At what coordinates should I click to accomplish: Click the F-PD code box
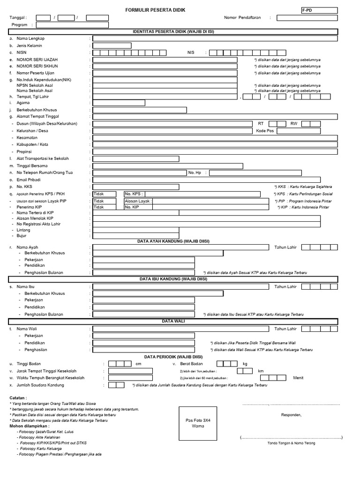coord(319,10)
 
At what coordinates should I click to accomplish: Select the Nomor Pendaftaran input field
coord(306,18)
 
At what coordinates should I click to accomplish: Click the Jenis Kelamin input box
coord(112,45)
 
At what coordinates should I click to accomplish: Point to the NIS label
coord(190,52)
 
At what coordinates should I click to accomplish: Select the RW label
coord(294,123)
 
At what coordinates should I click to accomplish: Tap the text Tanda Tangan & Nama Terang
coord(291,443)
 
